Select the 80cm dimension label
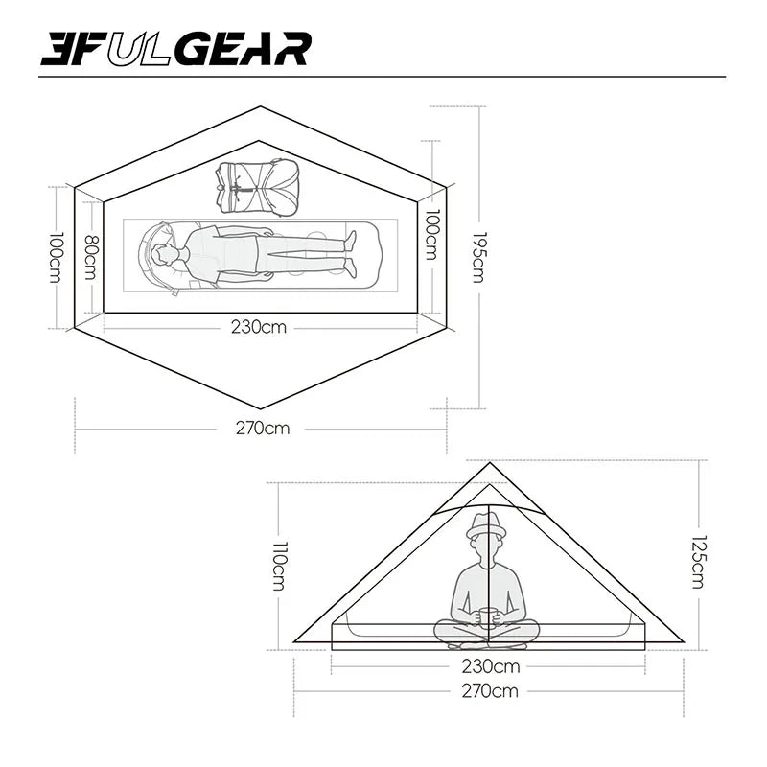tap(91, 257)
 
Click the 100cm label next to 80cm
tap(57, 257)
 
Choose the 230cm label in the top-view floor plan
tap(259, 326)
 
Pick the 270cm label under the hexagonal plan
tap(262, 428)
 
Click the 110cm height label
tap(278, 566)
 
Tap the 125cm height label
tap(701, 561)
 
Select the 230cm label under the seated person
tap(489, 666)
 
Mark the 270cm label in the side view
tap(489, 690)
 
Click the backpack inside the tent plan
tap(258, 187)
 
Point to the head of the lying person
tap(165, 256)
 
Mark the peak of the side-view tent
tap(489, 464)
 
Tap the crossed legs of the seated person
tap(487, 633)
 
